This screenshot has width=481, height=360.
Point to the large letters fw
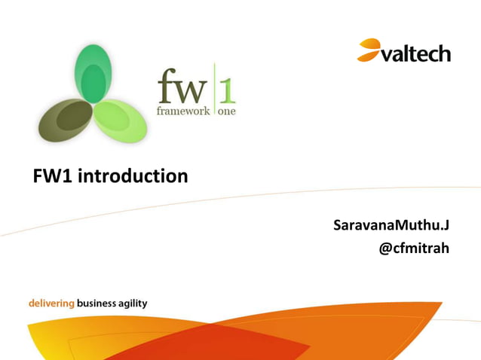pos(182,89)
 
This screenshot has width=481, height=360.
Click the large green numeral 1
pos(227,87)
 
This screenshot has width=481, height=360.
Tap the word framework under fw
pos(183,111)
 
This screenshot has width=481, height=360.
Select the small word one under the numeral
pos(226,111)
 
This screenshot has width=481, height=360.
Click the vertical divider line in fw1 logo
pos(214,90)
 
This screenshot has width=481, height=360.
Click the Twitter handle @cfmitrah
pos(414,246)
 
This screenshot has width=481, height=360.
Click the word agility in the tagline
pos(133,304)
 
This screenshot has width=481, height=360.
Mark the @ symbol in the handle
pos(385,246)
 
